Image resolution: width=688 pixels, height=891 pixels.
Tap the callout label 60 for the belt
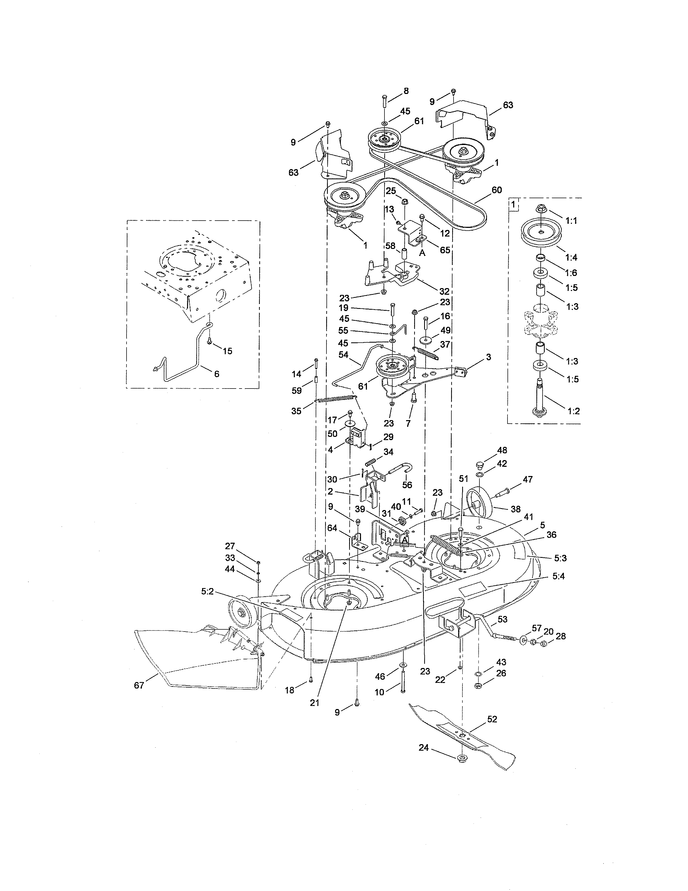(x=496, y=190)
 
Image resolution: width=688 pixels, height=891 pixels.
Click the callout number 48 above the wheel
(x=502, y=450)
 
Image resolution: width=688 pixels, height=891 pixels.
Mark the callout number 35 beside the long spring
(x=296, y=411)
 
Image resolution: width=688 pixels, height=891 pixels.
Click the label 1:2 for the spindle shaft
(x=573, y=411)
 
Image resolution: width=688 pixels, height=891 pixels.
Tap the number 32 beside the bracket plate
(x=444, y=291)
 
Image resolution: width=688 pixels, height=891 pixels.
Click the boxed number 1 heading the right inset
(x=513, y=204)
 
